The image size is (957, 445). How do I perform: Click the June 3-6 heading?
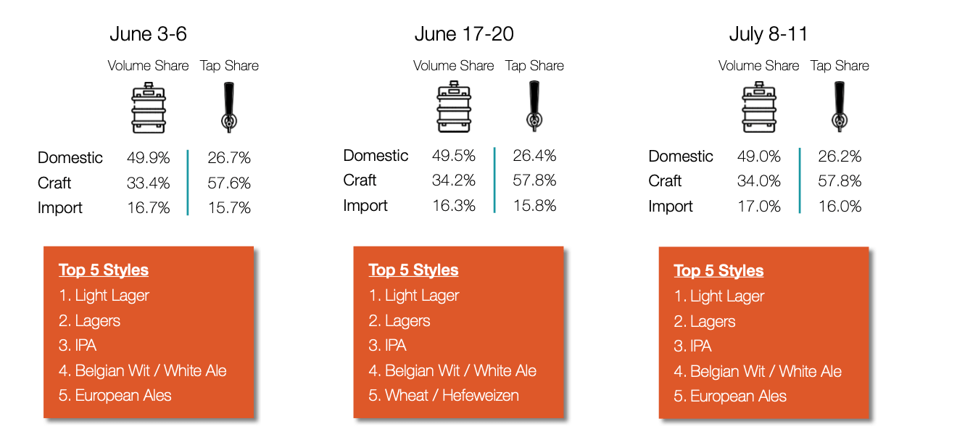click(x=148, y=34)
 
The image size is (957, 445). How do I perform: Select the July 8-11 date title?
click(x=768, y=34)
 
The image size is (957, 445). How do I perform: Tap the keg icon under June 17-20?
click(x=454, y=107)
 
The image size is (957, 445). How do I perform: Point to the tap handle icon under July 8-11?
click(x=840, y=107)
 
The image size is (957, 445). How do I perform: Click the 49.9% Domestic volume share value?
click(x=148, y=158)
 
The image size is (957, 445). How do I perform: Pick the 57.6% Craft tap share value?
click(x=229, y=183)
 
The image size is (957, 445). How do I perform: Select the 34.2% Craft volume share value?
click(x=454, y=180)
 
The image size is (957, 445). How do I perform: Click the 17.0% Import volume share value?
click(x=759, y=207)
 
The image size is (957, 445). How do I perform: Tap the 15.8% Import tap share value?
click(x=534, y=206)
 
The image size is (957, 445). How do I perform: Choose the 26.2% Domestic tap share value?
click(x=840, y=157)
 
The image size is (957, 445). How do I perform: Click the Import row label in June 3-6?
click(x=59, y=208)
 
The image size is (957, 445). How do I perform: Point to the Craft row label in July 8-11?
click(x=665, y=181)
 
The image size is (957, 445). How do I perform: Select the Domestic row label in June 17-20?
click(x=376, y=156)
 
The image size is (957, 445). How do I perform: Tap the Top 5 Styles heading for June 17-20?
click(x=413, y=270)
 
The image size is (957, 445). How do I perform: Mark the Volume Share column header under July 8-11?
click(x=759, y=66)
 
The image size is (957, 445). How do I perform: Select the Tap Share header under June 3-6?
click(x=229, y=66)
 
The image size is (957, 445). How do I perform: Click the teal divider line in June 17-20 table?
click(x=494, y=180)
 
